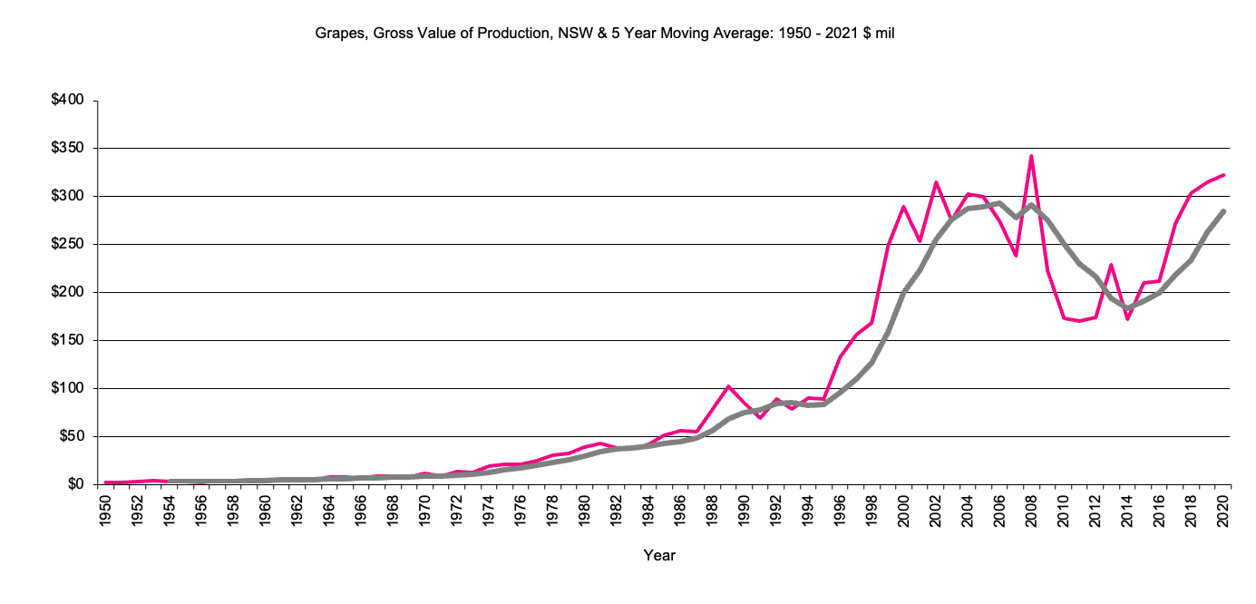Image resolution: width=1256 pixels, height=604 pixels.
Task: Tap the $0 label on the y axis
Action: [x=76, y=484]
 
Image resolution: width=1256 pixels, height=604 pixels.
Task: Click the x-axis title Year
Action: [x=659, y=555]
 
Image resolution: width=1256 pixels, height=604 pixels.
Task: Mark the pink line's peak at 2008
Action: [x=1031, y=156]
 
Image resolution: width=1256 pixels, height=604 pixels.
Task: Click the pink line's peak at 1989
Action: [x=728, y=386]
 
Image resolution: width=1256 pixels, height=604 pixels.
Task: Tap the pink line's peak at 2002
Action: [x=936, y=182]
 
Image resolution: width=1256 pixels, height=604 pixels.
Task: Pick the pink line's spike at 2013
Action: [x=1111, y=265]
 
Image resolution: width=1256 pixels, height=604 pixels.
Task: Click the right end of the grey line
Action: [x=1223, y=211]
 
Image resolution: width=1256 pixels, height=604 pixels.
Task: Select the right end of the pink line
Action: [x=1223, y=175]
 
